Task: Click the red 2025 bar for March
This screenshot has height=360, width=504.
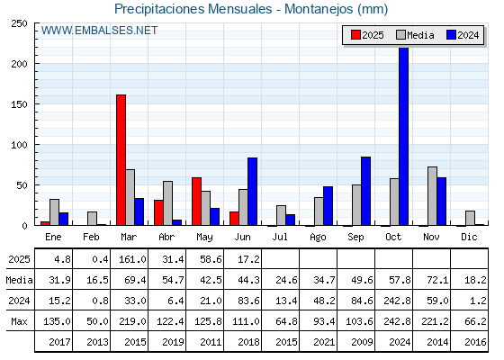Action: pos(121,160)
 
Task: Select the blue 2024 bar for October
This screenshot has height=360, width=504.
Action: pos(404,136)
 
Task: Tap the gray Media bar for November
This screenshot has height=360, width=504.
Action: pos(432,196)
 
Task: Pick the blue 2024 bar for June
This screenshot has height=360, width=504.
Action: pos(252,192)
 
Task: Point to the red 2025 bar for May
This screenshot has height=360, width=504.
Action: pos(197,202)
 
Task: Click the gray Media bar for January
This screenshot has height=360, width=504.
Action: pos(54,212)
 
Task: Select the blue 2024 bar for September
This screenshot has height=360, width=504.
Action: pos(365,191)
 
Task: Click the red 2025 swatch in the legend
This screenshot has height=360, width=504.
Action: pos(355,35)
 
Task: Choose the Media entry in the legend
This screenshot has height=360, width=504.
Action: pos(415,35)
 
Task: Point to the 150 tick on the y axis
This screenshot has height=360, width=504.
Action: pos(36,103)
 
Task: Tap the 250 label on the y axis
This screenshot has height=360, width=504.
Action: pos(19,23)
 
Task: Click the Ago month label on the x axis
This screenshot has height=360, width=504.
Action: pos(318,238)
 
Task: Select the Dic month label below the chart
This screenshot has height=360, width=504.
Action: pos(469,237)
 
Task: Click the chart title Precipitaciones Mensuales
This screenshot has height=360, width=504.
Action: pos(193,9)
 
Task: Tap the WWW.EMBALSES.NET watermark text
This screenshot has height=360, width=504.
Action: pos(99,31)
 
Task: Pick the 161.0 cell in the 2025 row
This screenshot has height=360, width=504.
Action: pos(133,259)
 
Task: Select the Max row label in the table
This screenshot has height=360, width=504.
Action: pos(19,321)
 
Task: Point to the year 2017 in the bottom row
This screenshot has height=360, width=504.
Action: pos(59,342)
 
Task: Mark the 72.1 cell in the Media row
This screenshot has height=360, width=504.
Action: pos(437,280)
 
